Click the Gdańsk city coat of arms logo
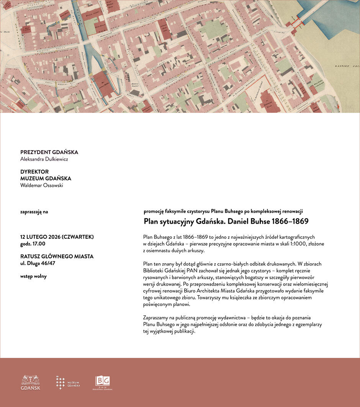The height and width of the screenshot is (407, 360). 30,382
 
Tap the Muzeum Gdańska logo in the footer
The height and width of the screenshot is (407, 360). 68,382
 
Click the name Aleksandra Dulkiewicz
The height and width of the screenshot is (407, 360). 44,159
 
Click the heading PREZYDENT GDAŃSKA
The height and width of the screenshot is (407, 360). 49,152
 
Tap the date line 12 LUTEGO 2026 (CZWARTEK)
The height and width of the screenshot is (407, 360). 57,237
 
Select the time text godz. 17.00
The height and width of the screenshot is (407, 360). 33,243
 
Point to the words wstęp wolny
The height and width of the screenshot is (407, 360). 33,276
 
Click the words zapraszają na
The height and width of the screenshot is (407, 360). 34,211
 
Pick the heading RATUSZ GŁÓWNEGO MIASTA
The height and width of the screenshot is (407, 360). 57,256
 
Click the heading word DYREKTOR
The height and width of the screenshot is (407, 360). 34,172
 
